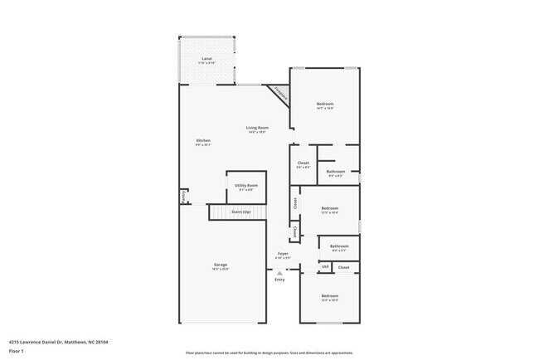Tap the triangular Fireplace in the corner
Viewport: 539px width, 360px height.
(280, 95)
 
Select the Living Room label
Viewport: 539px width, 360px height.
(256, 128)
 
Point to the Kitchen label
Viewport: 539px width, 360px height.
(203, 141)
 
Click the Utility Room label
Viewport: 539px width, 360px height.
(246, 185)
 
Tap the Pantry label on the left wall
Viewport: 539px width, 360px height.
(183, 197)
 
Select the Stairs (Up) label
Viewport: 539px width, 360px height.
(240, 212)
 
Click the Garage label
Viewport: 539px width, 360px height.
(221, 265)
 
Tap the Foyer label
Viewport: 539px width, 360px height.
(283, 253)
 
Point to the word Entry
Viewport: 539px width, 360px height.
(279, 279)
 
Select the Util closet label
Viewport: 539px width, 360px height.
(325, 267)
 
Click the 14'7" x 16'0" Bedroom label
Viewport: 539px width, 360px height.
(324, 104)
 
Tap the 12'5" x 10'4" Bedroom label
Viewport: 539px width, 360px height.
(329, 208)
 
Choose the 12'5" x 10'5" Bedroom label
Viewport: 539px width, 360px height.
(329, 296)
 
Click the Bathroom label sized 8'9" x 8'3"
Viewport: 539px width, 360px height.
(335, 172)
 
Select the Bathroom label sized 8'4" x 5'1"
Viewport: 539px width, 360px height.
(339, 246)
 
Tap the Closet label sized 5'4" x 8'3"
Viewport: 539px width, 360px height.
(303, 163)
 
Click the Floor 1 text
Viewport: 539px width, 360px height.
(17, 350)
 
